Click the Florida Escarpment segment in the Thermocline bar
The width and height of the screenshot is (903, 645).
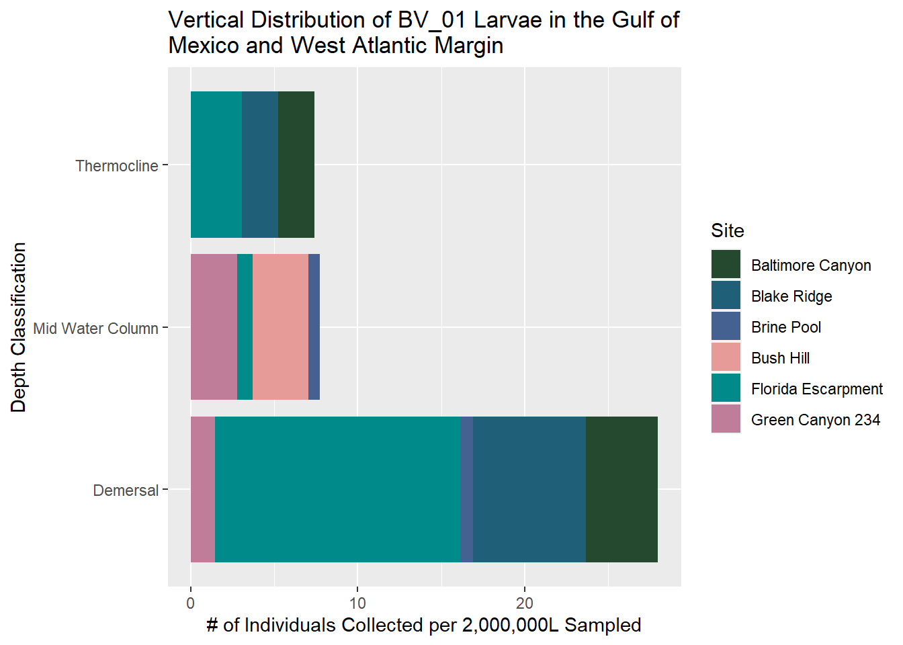(216, 165)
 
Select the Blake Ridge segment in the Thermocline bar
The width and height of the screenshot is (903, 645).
(259, 165)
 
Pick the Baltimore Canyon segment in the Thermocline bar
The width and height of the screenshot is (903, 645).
(296, 165)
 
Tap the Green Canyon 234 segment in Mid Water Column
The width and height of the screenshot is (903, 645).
(214, 327)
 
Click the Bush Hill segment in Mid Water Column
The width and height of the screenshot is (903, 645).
(280, 327)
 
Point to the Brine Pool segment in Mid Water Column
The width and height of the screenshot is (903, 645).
(314, 327)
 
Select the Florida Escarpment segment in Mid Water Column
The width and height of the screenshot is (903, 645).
(245, 327)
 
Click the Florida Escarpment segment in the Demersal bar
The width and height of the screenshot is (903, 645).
(337, 490)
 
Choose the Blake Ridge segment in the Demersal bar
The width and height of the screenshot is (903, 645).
(529, 490)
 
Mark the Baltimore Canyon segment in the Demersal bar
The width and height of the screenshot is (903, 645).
(621, 490)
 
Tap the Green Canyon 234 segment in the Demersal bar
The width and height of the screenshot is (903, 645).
(202, 490)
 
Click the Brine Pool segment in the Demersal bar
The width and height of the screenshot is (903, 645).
(466, 490)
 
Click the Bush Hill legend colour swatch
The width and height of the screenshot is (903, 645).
(726, 357)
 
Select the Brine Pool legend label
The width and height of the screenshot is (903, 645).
(785, 327)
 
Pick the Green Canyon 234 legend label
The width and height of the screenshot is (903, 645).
(815, 420)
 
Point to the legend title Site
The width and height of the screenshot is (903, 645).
(727, 230)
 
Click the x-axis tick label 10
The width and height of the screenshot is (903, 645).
(357, 603)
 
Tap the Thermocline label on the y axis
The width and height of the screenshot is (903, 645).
(116, 166)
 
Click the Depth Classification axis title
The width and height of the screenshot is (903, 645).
(19, 327)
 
